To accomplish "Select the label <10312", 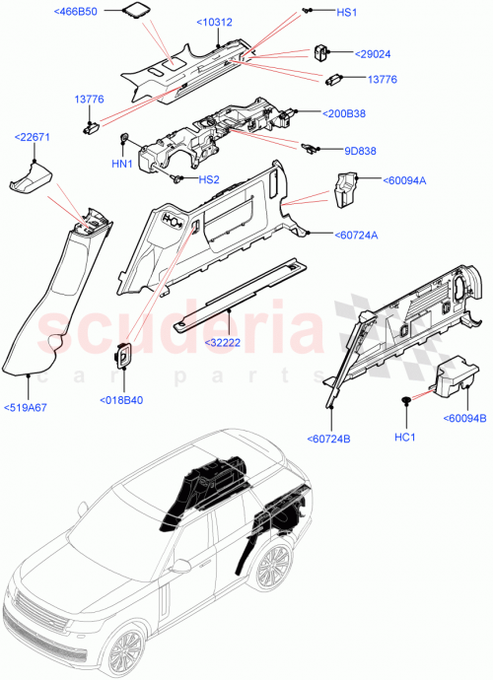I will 214,21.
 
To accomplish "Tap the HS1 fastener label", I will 349,11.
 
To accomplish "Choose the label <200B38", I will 345,113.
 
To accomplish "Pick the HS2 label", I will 210,179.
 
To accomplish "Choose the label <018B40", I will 122,399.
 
